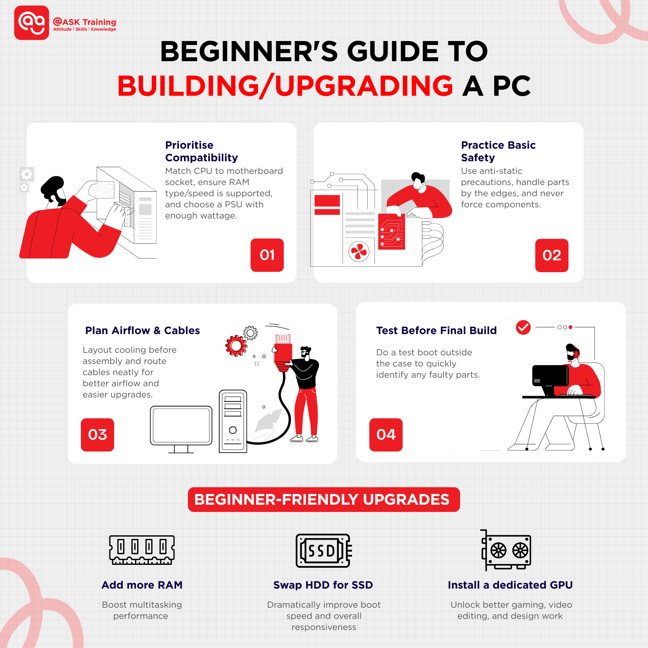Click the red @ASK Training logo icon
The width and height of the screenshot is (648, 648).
[32, 23]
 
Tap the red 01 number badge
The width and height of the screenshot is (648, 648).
[267, 255]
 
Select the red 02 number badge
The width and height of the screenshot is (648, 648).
[552, 255]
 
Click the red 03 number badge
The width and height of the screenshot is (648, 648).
[98, 435]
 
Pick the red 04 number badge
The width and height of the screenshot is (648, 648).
[386, 435]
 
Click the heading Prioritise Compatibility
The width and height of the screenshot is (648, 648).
[201, 151]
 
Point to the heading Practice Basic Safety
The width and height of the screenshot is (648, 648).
[498, 151]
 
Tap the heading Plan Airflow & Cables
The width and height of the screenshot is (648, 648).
[143, 330]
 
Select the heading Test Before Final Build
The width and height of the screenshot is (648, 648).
[436, 330]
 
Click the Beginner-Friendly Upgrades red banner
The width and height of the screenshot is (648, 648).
[324, 499]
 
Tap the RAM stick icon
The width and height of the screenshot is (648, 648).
[142, 550]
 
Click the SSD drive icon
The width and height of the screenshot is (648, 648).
[323, 550]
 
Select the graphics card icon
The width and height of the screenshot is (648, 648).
[506, 550]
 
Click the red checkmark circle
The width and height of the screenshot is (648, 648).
[523, 327]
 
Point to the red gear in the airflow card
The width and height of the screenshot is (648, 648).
[236, 346]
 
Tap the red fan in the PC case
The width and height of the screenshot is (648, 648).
[359, 252]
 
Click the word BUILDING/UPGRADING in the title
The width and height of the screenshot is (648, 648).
[285, 86]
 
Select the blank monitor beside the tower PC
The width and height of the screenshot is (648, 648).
[181, 426]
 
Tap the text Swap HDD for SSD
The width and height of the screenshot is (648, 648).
[323, 585]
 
